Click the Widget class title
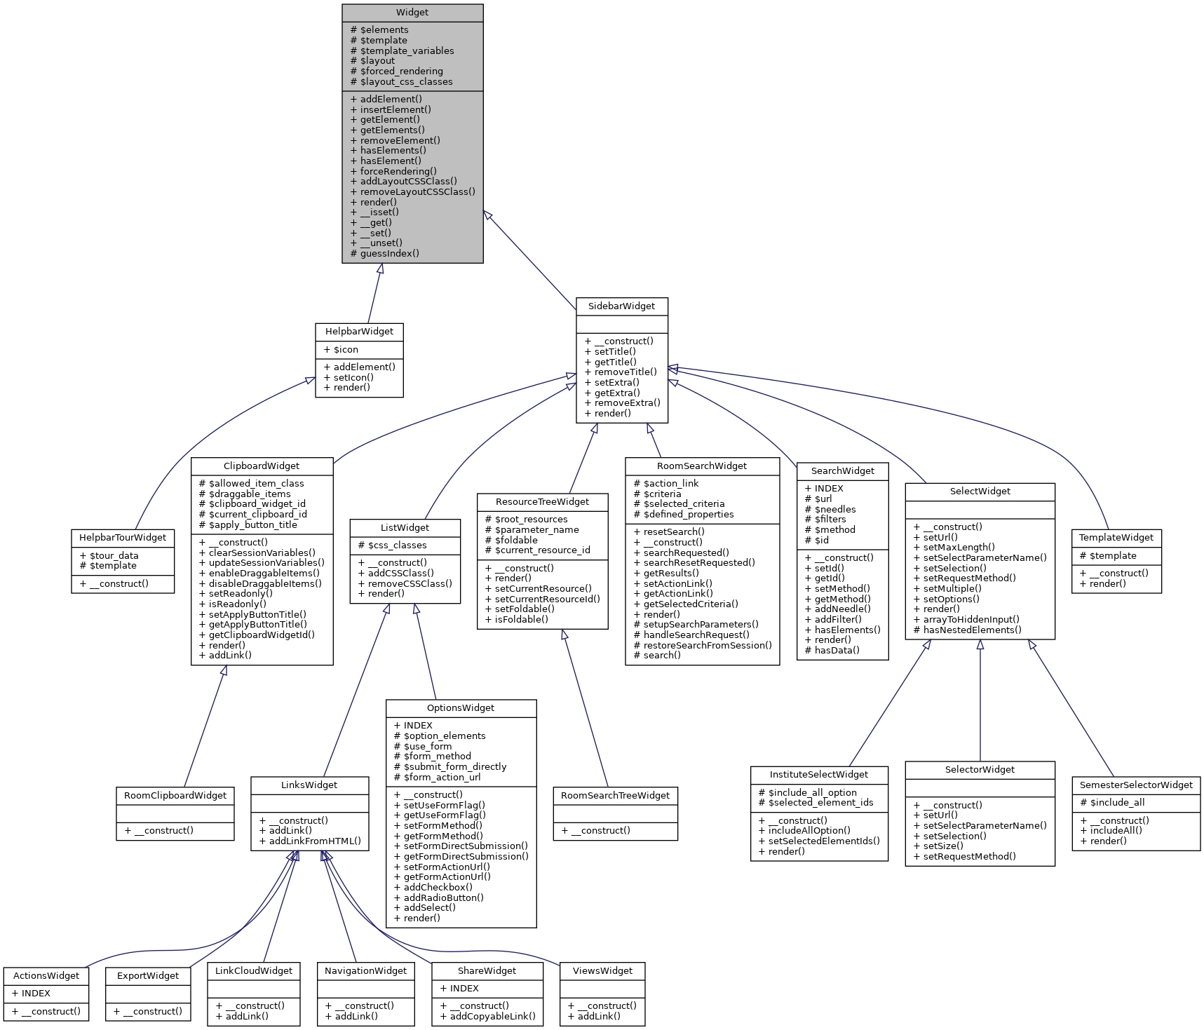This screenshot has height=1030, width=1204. pos(412,13)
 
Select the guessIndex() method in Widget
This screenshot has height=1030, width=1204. pos(389,253)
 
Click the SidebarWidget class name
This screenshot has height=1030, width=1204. pos(621,306)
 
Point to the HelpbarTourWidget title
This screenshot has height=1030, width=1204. pos(123,538)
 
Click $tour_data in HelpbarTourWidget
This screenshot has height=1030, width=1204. pos(114,555)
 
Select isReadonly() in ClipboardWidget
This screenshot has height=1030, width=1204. pos(237,604)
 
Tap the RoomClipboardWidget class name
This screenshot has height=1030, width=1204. pos(175,796)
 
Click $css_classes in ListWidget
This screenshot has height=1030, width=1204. pos(397,545)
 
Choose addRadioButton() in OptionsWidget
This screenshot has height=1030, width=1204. pos(443,897)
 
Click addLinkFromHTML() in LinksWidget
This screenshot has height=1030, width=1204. pos(315,841)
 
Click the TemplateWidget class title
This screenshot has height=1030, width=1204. pos(1116,538)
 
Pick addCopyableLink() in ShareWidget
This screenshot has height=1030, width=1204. pos(492,1016)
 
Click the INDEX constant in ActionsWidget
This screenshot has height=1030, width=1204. pos(36,994)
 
